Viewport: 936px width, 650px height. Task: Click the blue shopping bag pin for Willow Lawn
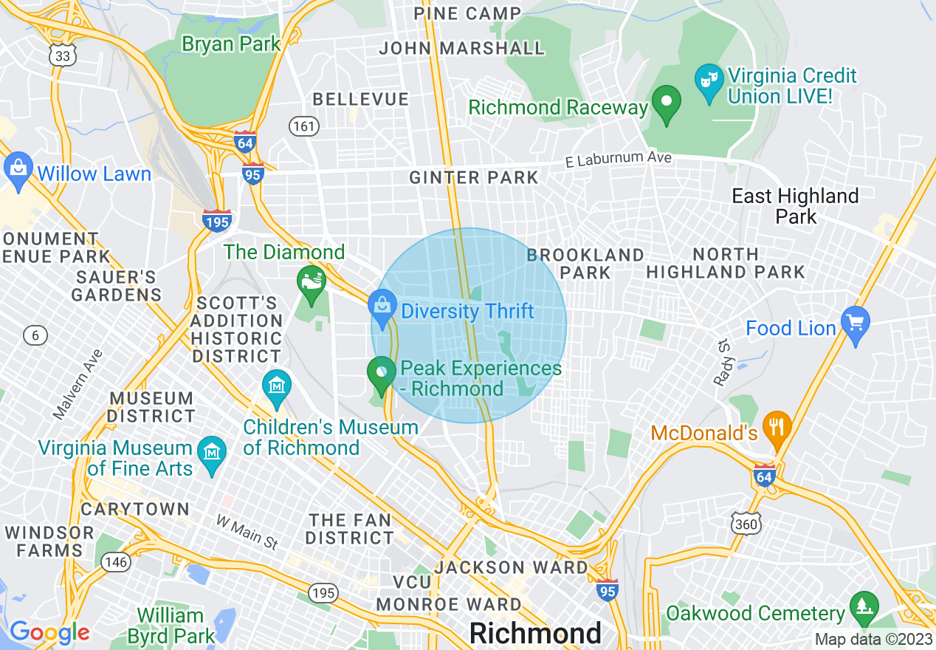tap(18, 171)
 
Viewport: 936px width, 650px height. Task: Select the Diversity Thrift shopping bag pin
tap(382, 309)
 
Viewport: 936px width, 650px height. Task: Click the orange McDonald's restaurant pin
tap(777, 428)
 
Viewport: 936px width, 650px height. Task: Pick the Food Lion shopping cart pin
tap(855, 326)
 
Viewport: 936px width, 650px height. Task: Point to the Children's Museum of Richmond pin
tap(277, 389)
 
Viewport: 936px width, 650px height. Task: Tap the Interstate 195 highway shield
tap(217, 219)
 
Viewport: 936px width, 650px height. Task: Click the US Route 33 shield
tap(63, 54)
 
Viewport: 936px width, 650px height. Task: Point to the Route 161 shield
tap(303, 126)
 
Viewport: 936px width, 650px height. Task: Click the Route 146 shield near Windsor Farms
tap(117, 562)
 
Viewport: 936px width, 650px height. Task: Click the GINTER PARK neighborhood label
tap(474, 178)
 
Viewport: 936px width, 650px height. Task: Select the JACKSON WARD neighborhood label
tap(511, 567)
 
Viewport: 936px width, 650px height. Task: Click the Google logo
tap(49, 632)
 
